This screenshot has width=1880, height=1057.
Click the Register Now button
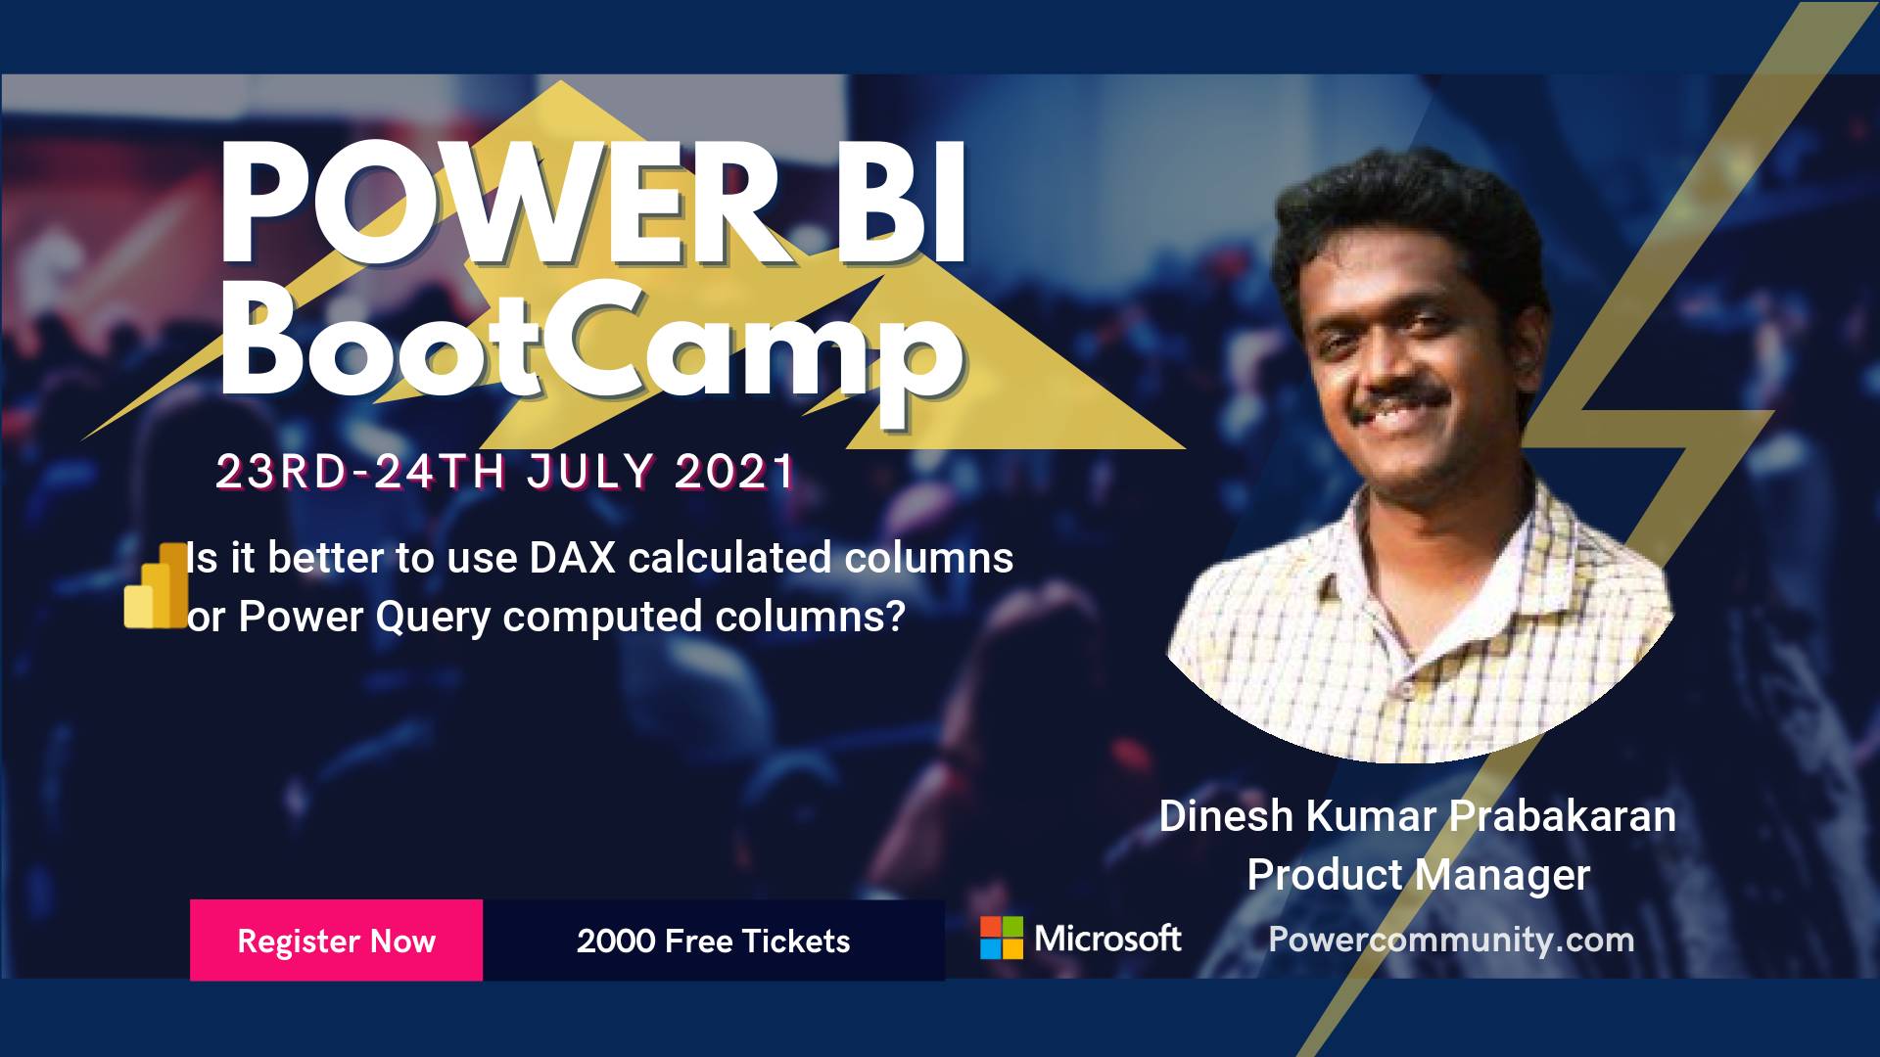(x=336, y=940)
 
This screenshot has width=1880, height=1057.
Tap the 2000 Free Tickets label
(x=713, y=942)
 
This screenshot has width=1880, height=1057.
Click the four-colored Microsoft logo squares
(x=1002, y=938)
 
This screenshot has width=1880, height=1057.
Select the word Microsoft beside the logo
(x=1107, y=939)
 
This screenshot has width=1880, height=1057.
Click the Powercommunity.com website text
(x=1451, y=941)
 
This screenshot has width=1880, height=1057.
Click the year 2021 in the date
(x=734, y=472)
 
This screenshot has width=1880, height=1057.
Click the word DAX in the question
(x=573, y=558)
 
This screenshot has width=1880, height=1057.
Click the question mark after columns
(x=893, y=617)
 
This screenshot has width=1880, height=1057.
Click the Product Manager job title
(x=1418, y=875)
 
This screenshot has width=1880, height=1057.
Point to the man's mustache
(x=1397, y=398)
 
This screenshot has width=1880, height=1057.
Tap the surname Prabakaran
(x=1563, y=816)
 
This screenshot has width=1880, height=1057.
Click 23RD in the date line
(x=282, y=472)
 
